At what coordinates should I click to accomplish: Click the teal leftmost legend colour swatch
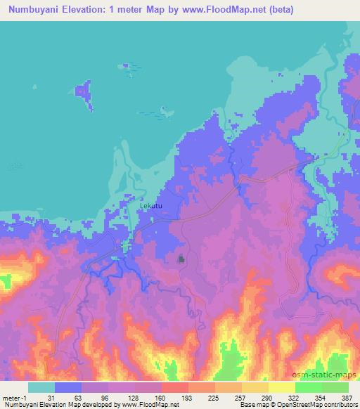pyautogui.click(x=41, y=387)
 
